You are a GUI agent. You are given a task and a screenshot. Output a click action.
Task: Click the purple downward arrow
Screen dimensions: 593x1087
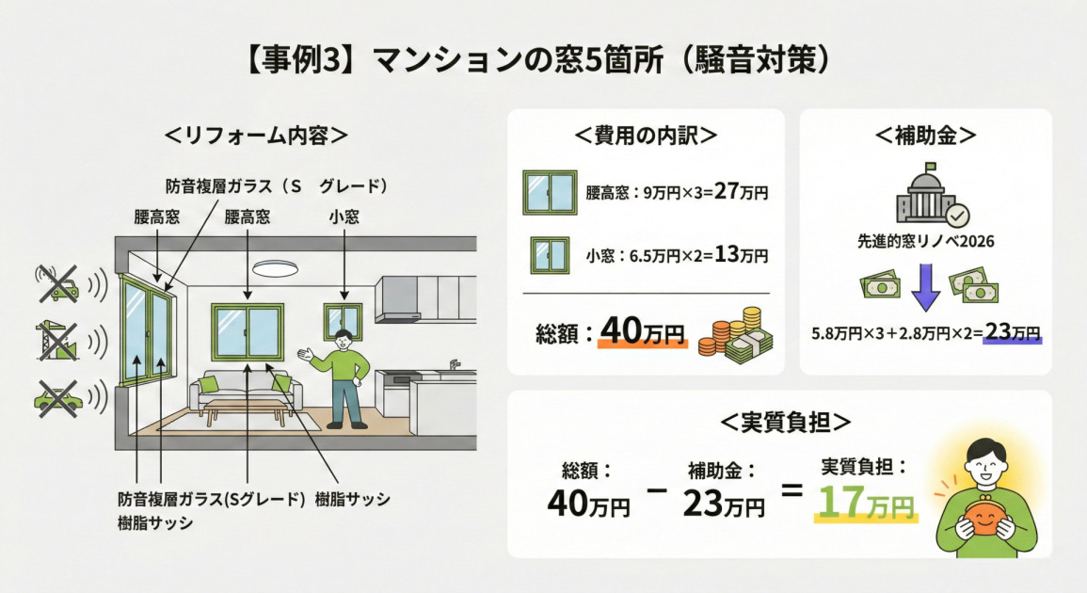click(x=925, y=288)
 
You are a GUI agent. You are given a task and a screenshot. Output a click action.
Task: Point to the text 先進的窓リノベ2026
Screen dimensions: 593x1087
click(x=925, y=242)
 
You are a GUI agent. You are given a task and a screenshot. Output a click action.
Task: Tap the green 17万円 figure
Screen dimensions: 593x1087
click(x=865, y=503)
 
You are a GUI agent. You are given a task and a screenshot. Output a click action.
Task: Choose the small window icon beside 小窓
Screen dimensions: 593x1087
click(x=551, y=255)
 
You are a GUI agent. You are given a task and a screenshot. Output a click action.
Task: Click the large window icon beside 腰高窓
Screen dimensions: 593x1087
click(x=550, y=193)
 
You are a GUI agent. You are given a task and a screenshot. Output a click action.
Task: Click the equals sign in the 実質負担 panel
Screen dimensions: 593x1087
click(x=792, y=489)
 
